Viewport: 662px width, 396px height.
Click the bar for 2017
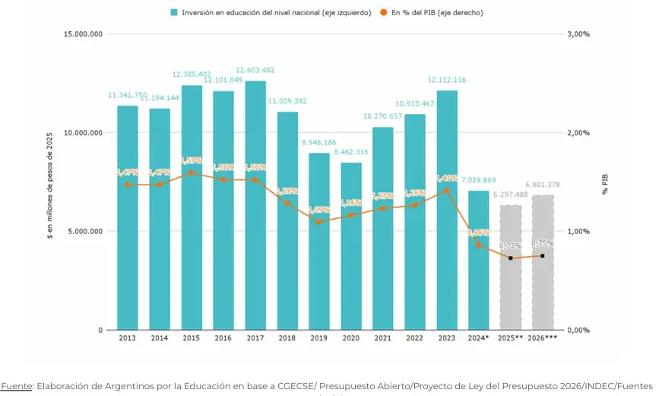coord(255,205)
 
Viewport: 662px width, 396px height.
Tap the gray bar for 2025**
coord(510,267)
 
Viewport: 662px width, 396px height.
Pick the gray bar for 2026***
coord(543,262)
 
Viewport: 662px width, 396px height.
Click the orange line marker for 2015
coord(192,173)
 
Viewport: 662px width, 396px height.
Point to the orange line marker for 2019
coord(319,222)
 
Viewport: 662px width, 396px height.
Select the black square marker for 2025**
coord(510,258)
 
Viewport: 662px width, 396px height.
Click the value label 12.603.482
coord(255,70)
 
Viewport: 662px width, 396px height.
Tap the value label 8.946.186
coord(319,142)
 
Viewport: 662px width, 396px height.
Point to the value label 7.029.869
coord(478,180)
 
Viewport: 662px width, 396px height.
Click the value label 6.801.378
coord(543,185)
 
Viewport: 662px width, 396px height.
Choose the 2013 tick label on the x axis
coord(128,337)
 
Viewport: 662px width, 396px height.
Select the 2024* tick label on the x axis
coord(478,337)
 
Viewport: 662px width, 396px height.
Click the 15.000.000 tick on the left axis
coord(83,34)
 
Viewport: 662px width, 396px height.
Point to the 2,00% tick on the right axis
coord(579,133)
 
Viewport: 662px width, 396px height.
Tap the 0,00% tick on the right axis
coord(579,330)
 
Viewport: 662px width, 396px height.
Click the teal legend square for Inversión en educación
coord(175,12)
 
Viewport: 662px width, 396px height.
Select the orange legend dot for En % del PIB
coord(384,12)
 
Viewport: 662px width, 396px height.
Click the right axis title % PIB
coord(606,183)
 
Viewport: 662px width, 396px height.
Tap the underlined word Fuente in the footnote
coord(17,386)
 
